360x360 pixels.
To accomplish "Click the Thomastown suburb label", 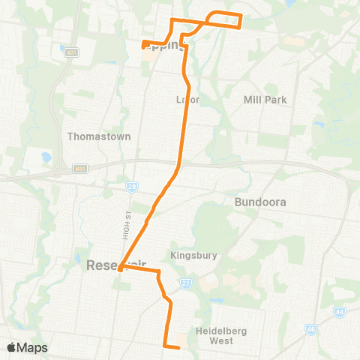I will pos(99,136).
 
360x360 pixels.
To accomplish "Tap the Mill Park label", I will pos(265,99).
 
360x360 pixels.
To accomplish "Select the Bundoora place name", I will pos(261,202).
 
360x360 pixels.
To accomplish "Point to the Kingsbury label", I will pos(194,255).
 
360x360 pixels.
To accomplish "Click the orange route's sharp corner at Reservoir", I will pos(119,268).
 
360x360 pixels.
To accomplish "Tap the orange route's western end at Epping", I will pos(143,43).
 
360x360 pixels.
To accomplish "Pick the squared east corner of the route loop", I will pos(240,26).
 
